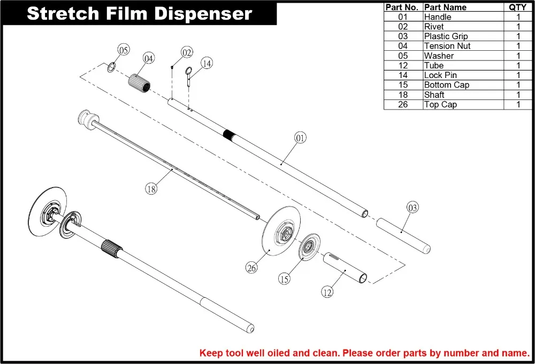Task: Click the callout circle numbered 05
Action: (x=124, y=50)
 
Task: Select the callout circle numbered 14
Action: (x=207, y=63)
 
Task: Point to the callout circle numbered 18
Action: (x=151, y=188)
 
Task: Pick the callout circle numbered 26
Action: (x=251, y=268)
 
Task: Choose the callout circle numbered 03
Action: (x=412, y=207)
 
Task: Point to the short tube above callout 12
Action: (x=345, y=269)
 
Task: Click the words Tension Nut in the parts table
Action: (x=447, y=46)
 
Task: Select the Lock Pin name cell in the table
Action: (x=440, y=75)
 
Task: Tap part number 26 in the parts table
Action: (x=403, y=105)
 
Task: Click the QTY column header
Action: (x=517, y=7)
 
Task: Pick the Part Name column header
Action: (x=445, y=7)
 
